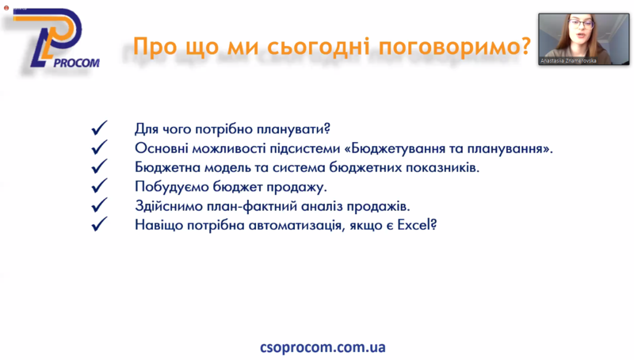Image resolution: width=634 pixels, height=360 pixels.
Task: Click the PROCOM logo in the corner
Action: coord(55,38)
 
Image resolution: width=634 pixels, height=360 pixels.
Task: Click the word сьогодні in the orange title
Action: coord(319,47)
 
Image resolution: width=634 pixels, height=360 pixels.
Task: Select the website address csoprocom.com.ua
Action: coord(323,347)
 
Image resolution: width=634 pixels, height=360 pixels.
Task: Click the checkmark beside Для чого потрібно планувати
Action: coord(100,128)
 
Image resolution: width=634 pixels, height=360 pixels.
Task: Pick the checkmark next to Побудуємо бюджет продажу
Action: coord(100,186)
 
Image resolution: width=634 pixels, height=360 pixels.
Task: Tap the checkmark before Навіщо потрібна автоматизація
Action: coord(100,224)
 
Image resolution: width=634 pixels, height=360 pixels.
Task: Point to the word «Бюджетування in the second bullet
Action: coord(392,148)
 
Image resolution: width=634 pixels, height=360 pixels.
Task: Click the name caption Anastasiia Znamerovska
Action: coord(568,61)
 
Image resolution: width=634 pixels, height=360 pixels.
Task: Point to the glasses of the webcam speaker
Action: coord(581,23)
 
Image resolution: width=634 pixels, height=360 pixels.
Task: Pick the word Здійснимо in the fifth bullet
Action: coord(169,206)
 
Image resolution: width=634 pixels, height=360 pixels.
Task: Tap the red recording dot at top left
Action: coord(6,8)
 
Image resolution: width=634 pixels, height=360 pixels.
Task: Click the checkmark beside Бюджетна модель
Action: coord(100,167)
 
